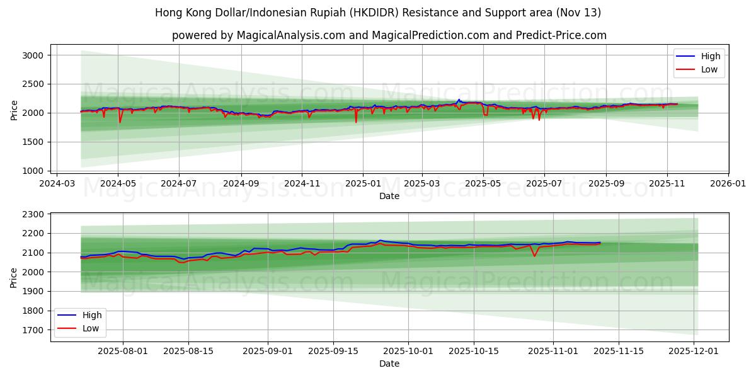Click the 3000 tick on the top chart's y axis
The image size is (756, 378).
(x=32, y=55)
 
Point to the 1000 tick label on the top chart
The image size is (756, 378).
(x=32, y=171)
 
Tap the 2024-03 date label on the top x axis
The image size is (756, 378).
(x=57, y=184)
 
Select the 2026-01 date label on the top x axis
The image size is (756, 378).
(x=728, y=184)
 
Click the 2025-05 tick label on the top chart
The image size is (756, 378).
(x=483, y=184)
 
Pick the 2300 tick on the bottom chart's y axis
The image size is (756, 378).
(x=32, y=214)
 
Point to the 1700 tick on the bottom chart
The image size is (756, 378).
(x=32, y=330)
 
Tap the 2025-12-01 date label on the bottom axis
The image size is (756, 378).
(x=694, y=352)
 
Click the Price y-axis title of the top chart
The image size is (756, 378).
(x=14, y=110)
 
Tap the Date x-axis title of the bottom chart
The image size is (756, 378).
(x=389, y=364)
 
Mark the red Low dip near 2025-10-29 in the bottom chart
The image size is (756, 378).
(x=534, y=256)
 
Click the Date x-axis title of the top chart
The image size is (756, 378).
(x=389, y=196)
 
